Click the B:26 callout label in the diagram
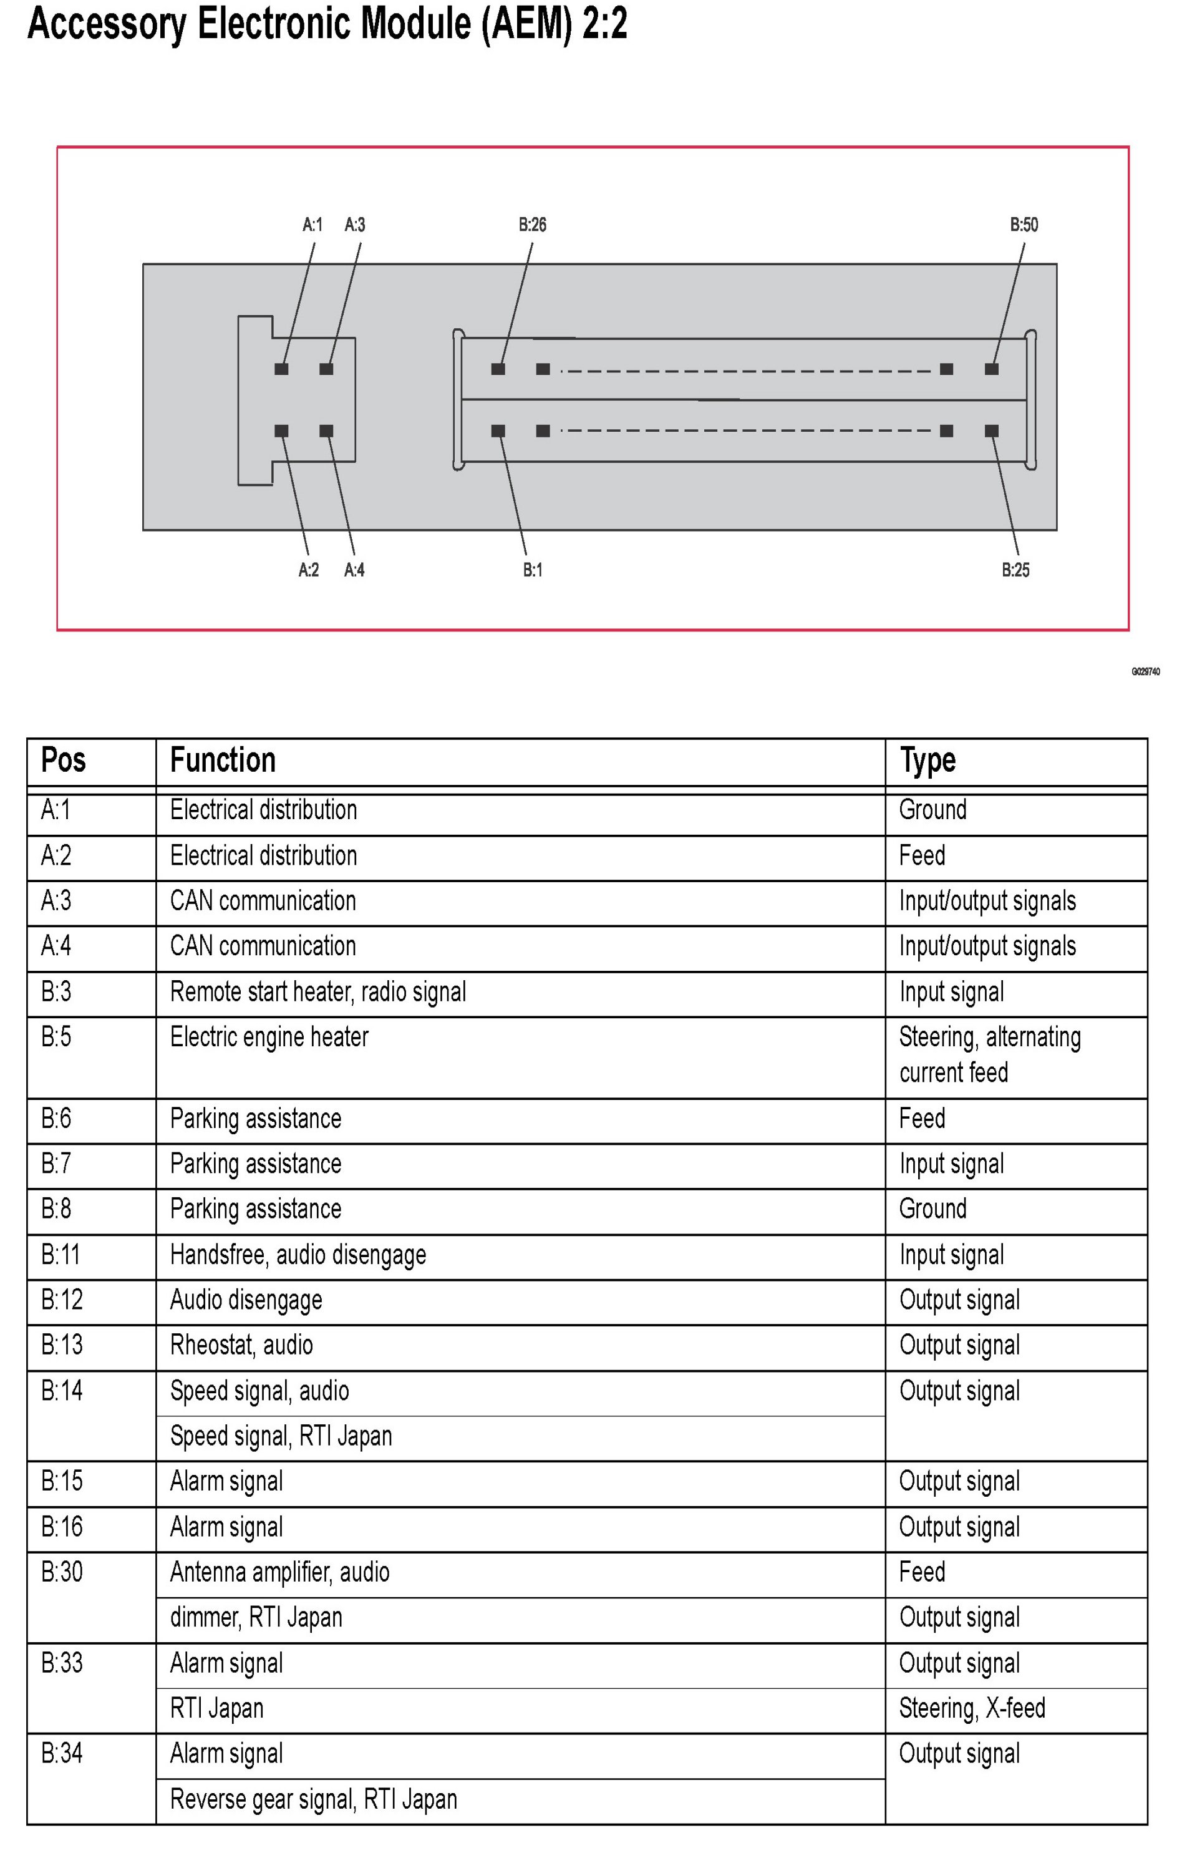coord(531,225)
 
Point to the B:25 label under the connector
coord(1015,570)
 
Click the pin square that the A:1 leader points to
coord(281,369)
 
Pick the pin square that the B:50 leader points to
coord(992,369)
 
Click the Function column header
coord(222,761)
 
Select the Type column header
coord(928,761)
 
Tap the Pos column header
coord(63,761)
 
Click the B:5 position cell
coord(56,1036)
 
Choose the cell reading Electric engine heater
coord(269,1036)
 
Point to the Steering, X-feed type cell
coord(972,1708)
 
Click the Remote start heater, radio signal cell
coord(317,992)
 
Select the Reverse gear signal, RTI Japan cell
coord(313,1799)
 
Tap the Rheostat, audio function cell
coord(241,1345)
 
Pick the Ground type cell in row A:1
coord(932,810)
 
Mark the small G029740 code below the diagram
coord(1145,672)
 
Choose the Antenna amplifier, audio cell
coord(279,1572)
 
